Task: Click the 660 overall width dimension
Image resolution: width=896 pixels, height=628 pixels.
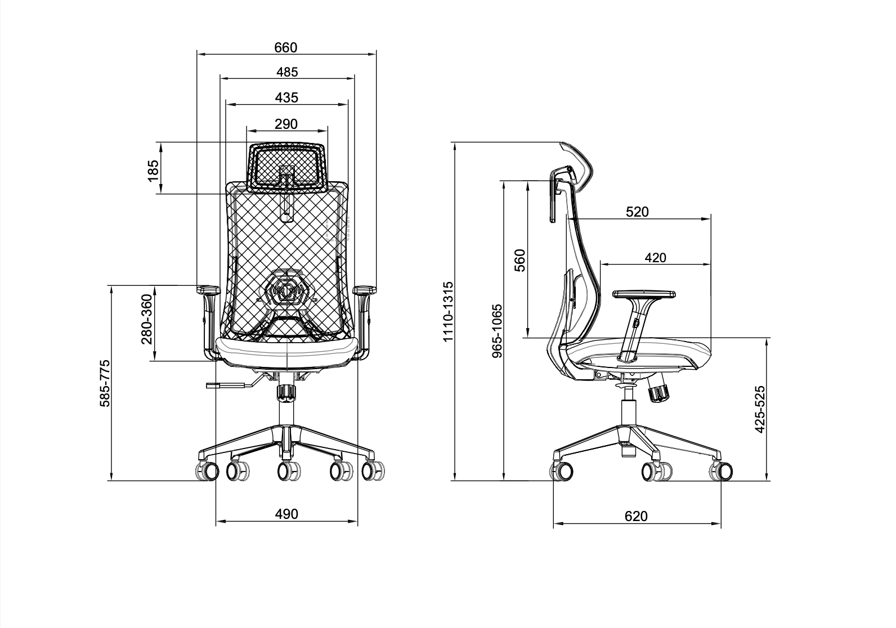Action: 286,48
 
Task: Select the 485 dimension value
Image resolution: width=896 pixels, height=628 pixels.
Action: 287,72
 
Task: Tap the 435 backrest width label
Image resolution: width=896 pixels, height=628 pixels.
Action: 287,97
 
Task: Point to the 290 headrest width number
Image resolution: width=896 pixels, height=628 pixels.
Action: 286,124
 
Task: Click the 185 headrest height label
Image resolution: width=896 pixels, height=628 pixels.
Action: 153,171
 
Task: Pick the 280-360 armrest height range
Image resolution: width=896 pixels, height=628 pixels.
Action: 147,319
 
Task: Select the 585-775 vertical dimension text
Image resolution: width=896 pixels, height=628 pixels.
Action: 105,383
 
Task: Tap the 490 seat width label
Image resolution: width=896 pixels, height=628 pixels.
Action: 287,514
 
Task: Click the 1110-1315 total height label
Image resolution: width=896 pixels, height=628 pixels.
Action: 449,312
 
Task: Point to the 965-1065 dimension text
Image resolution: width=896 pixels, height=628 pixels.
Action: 497,331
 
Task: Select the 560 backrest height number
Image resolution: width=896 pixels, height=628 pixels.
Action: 519,261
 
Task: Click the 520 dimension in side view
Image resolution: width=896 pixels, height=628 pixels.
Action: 637,212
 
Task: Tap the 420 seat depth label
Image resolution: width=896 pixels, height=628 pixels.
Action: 656,258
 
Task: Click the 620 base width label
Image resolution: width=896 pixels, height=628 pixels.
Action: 636,517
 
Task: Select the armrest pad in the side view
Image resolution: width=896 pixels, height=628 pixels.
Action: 644,294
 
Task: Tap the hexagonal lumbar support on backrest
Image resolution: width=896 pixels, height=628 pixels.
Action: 286,289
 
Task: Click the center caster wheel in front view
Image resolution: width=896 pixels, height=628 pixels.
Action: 289,470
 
